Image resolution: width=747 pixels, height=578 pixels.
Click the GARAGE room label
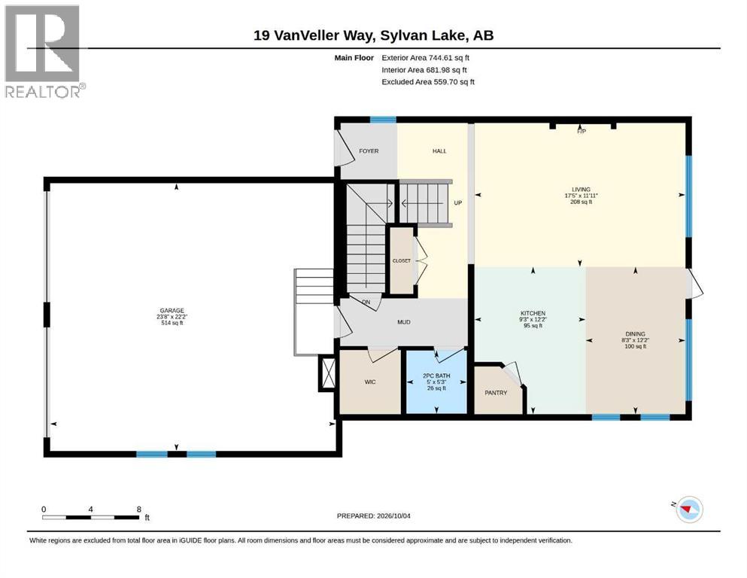(172, 311)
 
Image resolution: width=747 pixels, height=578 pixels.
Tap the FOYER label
(369, 151)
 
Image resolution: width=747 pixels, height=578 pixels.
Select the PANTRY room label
(496, 393)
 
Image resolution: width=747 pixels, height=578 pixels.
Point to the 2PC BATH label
(436, 376)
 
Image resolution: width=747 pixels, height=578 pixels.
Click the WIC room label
(370, 382)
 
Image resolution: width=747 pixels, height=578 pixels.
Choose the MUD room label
(404, 322)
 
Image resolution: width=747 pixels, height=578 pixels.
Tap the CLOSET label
(402, 260)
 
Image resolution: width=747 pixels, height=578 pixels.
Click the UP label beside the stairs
(458, 202)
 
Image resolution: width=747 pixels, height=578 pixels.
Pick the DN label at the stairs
(366, 302)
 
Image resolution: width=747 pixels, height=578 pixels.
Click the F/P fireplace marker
(582, 131)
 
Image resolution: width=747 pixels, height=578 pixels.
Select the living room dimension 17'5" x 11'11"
(582, 196)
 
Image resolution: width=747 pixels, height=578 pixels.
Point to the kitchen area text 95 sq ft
(533, 326)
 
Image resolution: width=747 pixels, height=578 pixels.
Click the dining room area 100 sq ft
(636, 346)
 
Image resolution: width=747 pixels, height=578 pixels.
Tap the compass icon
(689, 510)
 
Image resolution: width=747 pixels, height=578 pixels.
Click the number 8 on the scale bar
(139, 509)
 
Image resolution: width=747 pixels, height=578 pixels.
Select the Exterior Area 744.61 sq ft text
(426, 58)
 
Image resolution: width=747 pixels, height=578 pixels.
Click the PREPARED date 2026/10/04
(393, 516)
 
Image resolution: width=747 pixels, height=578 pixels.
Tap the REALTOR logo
(44, 51)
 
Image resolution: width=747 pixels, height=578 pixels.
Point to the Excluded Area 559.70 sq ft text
(428, 81)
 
